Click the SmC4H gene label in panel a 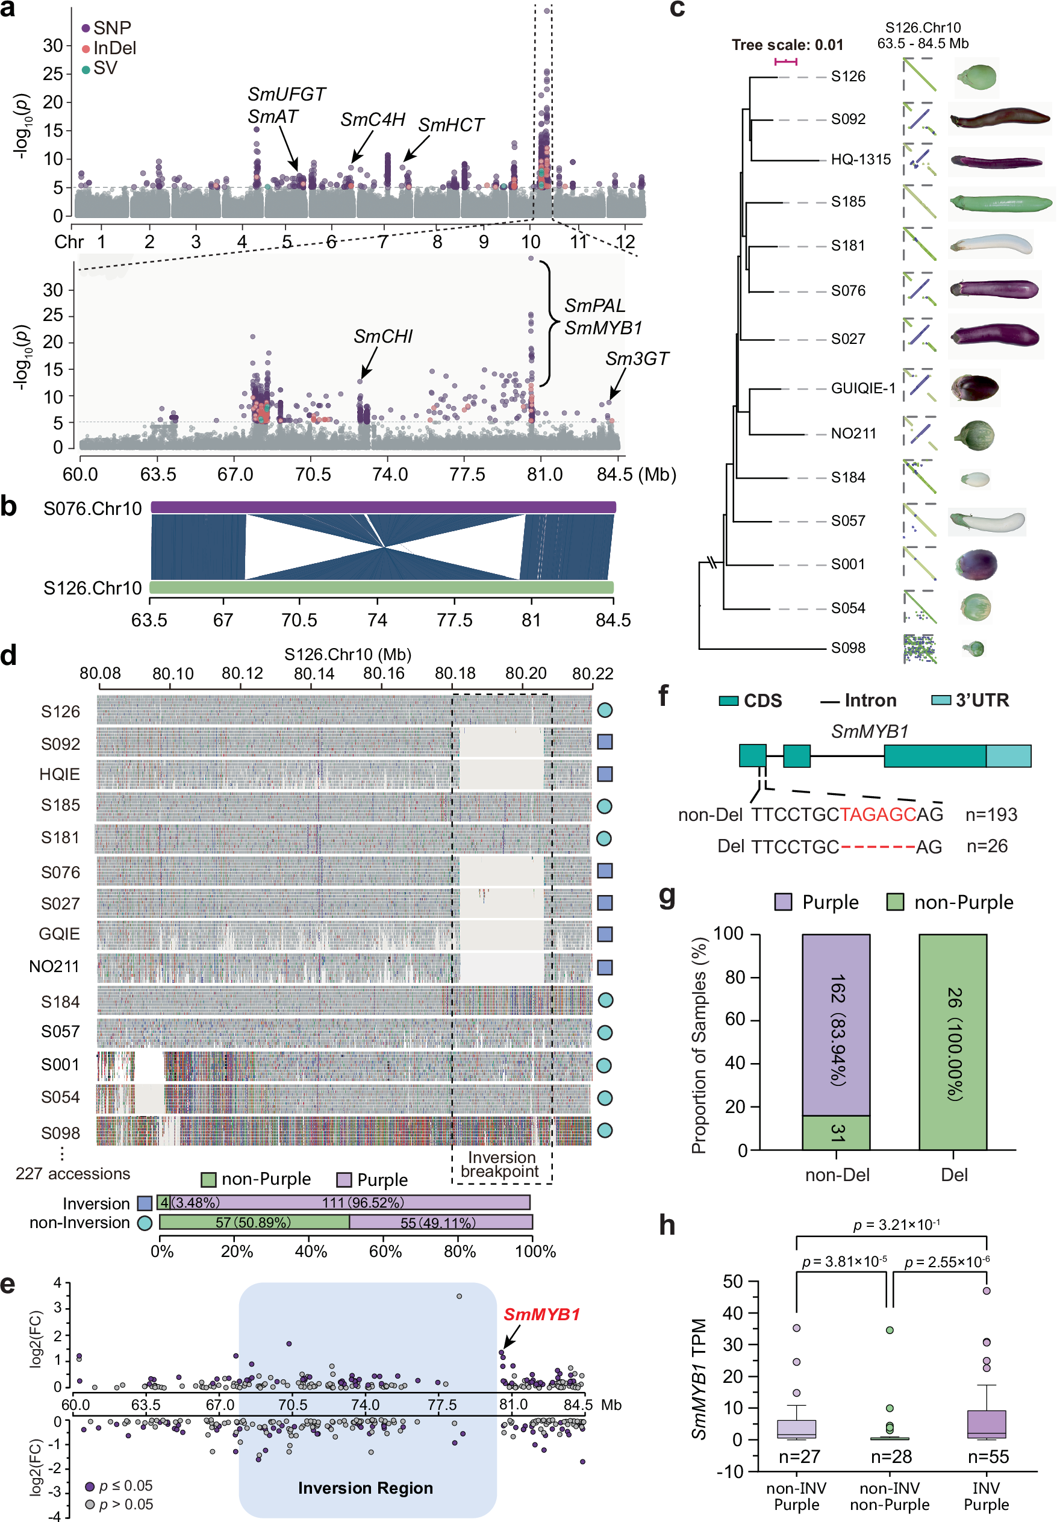click(x=372, y=120)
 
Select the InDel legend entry click(x=114, y=48)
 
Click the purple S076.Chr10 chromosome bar click(x=383, y=507)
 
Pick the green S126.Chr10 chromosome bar click(x=381, y=587)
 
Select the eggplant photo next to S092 click(x=999, y=119)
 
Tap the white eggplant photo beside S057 click(x=986, y=521)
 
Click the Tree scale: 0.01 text click(x=787, y=45)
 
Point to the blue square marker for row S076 click(x=604, y=870)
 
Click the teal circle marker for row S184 click(x=604, y=1000)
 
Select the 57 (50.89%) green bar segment click(x=253, y=1222)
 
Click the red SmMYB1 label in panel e click(x=541, y=1314)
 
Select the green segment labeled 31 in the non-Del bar click(x=836, y=1132)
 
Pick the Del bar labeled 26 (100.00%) click(x=952, y=1042)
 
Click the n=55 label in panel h click(x=987, y=1456)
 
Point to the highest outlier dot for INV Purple click(x=986, y=1290)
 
